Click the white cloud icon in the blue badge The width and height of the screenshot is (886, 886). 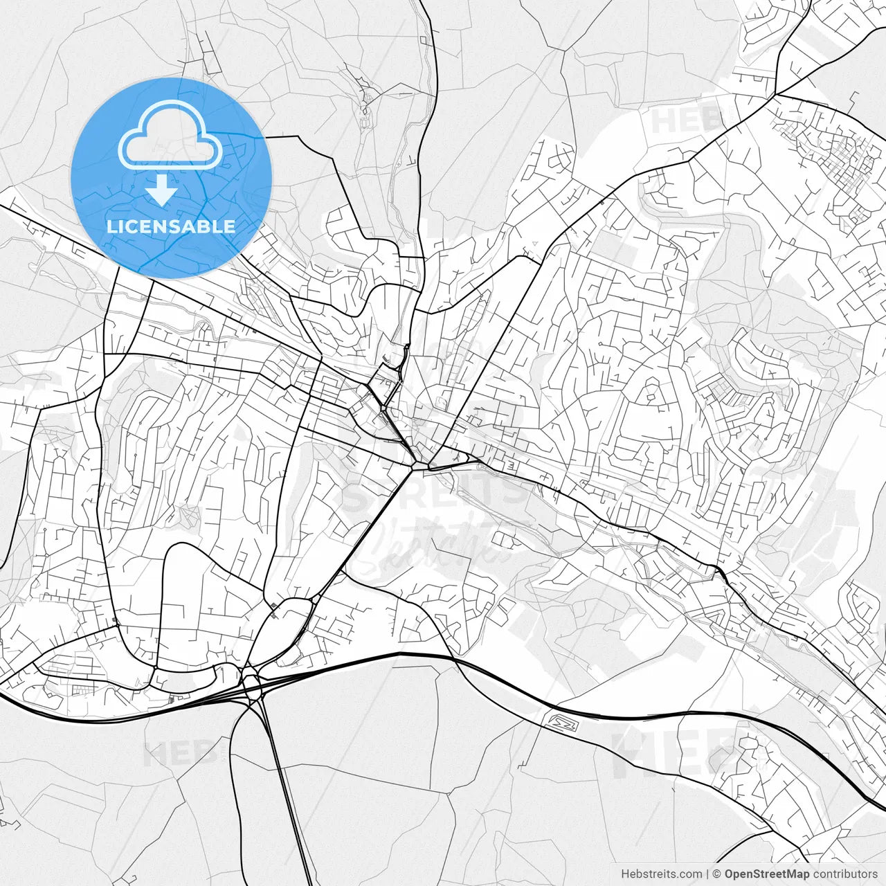170,136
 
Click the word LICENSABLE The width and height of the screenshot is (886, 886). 170,226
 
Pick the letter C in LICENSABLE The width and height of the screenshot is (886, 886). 132,226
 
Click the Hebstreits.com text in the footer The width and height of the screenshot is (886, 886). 661,874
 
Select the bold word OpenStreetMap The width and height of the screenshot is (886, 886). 767,874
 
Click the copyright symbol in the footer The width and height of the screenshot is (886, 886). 717,874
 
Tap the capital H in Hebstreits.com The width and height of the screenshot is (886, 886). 625,874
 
